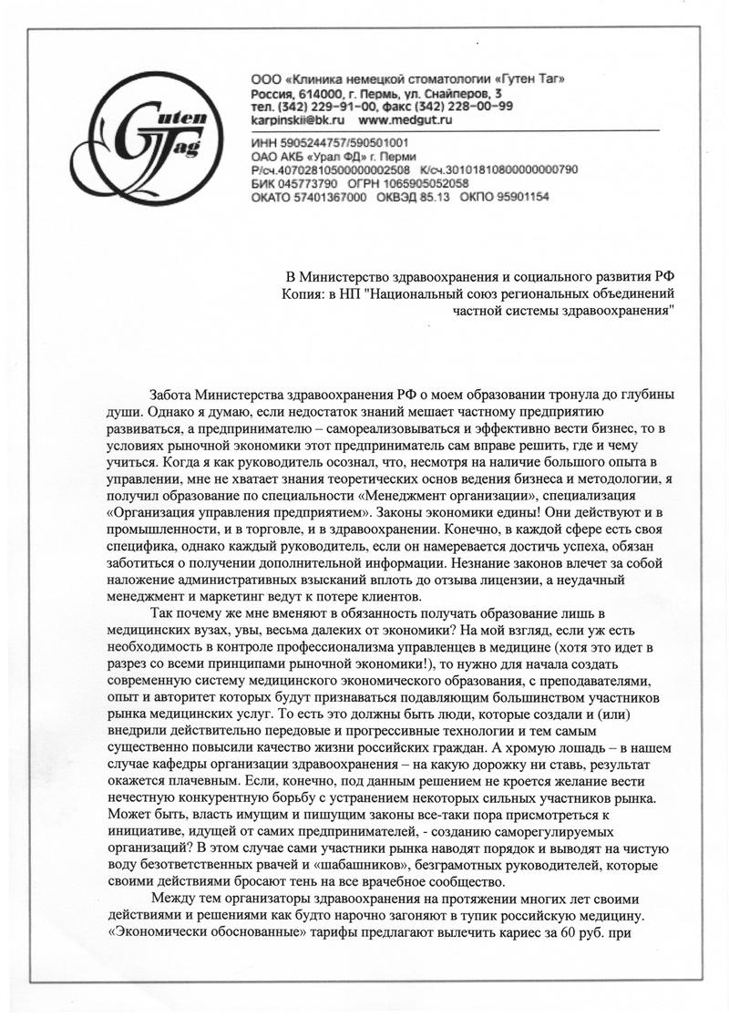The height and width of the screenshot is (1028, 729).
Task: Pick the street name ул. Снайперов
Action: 446,94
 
